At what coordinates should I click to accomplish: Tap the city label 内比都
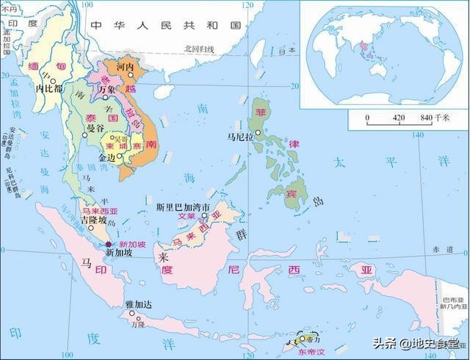[50, 88]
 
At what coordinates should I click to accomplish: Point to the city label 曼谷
[95, 129]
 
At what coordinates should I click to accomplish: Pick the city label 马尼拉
[239, 137]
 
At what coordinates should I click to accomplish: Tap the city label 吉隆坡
[93, 220]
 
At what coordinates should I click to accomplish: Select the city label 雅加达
[140, 303]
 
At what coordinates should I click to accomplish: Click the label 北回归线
[198, 49]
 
